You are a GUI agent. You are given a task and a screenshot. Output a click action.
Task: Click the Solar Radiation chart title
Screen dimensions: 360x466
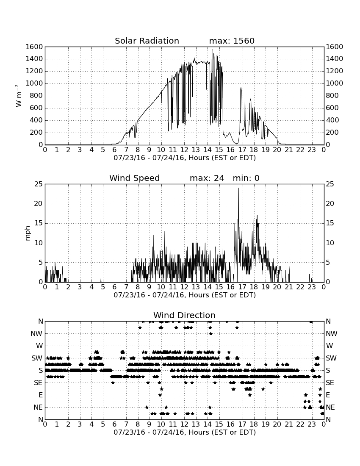(x=147, y=41)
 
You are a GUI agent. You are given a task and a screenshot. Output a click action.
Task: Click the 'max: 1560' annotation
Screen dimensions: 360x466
(x=232, y=41)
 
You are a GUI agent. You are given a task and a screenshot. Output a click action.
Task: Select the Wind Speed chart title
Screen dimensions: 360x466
(x=135, y=178)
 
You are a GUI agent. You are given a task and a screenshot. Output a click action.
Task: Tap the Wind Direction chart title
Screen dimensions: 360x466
(x=184, y=315)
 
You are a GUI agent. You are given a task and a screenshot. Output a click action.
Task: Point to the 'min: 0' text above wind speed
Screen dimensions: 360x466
(x=246, y=178)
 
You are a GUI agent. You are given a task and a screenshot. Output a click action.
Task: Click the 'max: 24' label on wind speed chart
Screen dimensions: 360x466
(x=207, y=178)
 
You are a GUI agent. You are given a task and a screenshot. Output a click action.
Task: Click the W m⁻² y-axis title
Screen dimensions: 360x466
(x=18, y=96)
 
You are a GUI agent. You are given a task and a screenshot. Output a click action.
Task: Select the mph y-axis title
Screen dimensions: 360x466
(x=28, y=233)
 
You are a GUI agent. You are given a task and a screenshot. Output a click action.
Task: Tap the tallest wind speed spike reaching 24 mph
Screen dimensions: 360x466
(x=238, y=188)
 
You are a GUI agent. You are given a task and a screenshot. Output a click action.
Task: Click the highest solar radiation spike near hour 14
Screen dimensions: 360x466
(x=212, y=50)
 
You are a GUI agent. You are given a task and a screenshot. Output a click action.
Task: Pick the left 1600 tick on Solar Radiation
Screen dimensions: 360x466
(x=34, y=47)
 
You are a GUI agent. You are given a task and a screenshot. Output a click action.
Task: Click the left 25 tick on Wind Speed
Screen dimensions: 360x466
(x=39, y=184)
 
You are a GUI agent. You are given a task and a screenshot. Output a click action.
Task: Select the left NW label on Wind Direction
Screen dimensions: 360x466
(x=36, y=334)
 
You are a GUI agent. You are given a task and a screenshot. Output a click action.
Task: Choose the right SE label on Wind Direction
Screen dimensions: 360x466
(x=330, y=383)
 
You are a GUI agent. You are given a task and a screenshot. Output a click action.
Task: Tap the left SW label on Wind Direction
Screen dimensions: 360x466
(x=37, y=358)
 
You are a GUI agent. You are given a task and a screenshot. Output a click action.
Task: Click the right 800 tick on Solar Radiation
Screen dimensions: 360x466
(x=332, y=96)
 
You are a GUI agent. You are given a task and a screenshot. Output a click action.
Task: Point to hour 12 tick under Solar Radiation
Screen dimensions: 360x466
(x=184, y=150)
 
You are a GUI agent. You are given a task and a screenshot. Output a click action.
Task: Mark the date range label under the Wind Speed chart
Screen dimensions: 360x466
(x=185, y=295)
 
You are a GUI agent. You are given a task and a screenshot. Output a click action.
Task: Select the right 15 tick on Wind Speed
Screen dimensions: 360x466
(x=330, y=223)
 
